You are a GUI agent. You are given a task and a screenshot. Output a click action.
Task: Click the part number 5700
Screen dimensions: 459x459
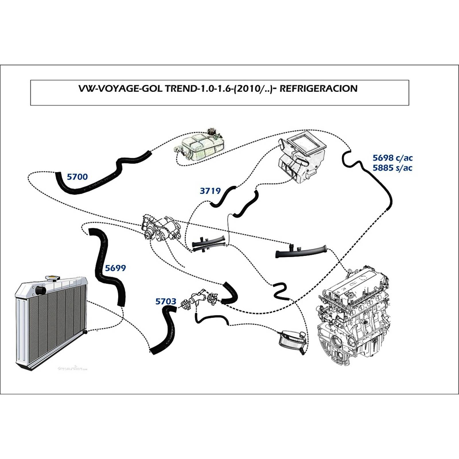[77, 177]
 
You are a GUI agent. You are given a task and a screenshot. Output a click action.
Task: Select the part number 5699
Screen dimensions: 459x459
[115, 268]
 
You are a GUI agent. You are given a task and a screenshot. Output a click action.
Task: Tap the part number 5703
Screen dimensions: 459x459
[166, 302]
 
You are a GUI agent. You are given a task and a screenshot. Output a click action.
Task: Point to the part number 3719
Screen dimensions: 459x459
[210, 191]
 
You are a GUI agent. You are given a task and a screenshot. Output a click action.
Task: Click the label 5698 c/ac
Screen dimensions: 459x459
[392, 158]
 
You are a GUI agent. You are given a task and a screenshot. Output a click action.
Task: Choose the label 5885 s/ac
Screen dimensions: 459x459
[392, 168]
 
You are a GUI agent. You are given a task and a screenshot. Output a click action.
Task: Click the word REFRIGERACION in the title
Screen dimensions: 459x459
[318, 88]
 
